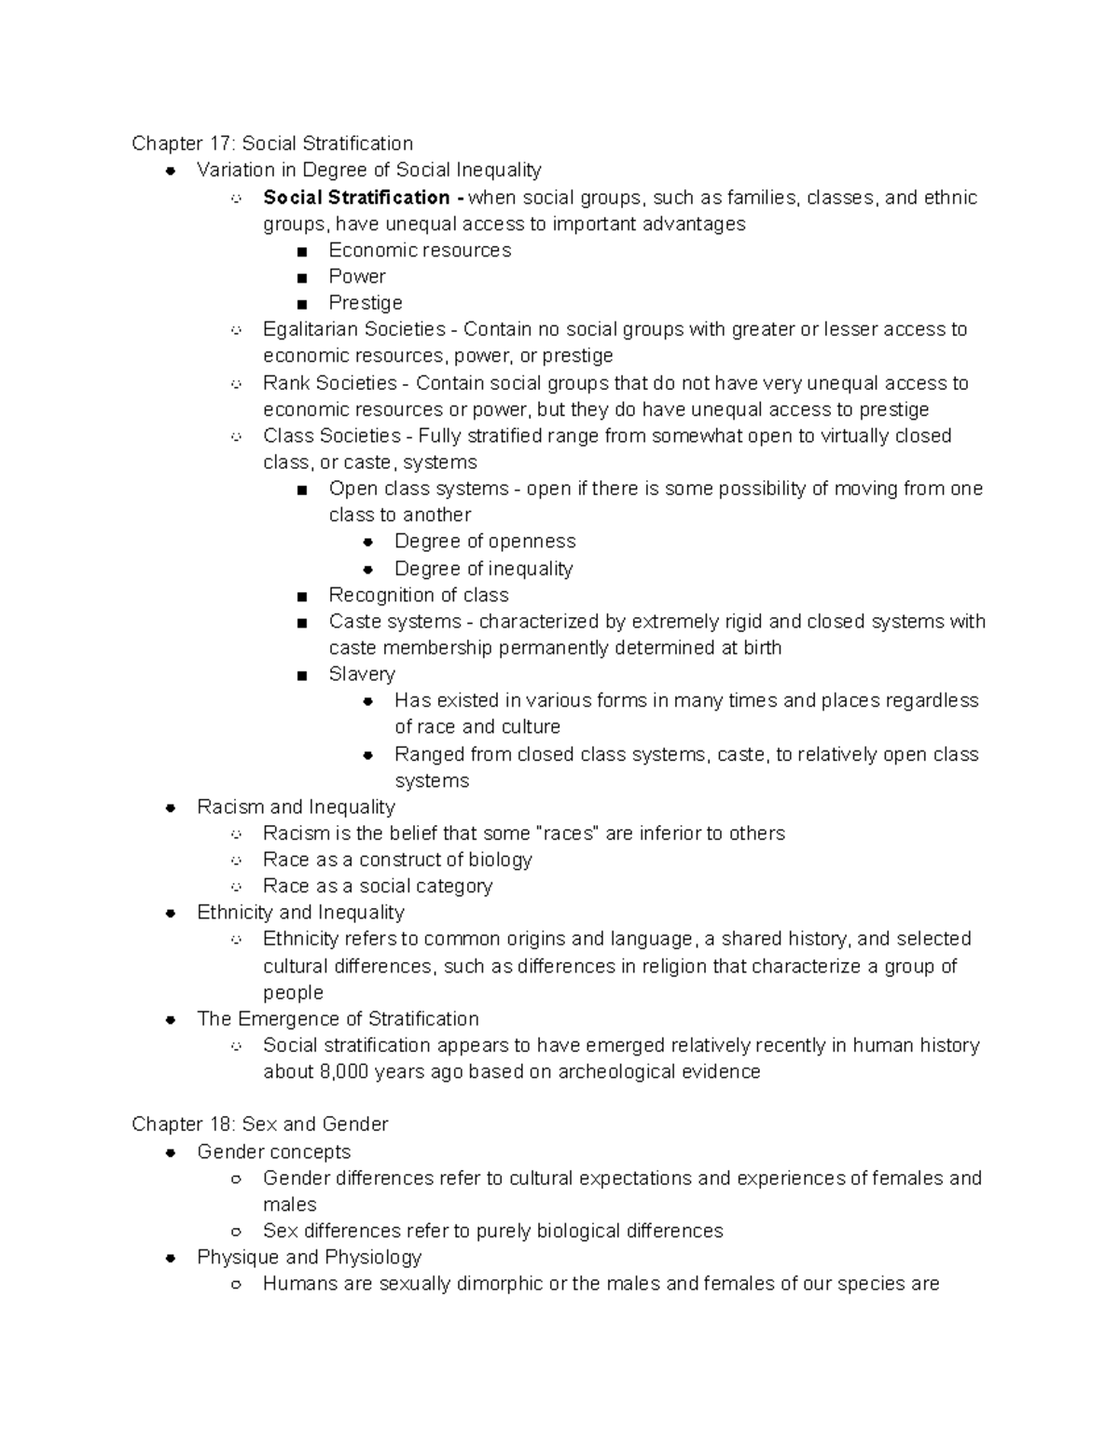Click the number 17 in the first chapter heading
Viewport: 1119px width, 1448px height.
coord(219,144)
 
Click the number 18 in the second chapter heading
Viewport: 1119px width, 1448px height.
coord(219,1124)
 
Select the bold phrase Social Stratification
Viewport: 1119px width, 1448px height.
coord(356,198)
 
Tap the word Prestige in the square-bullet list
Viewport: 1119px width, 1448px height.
coord(366,303)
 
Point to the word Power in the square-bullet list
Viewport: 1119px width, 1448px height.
coord(357,277)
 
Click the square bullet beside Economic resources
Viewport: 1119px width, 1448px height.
coord(301,252)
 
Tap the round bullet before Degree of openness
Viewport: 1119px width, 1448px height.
coord(368,542)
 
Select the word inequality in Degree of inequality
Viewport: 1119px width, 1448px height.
coord(530,569)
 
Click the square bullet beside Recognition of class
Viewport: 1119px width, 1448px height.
coord(301,596)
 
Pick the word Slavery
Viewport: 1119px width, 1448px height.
coord(362,674)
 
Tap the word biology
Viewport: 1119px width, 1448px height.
coord(499,860)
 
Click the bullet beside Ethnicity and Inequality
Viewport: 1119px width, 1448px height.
coord(171,914)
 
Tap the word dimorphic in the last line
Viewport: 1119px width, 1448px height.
coord(499,1284)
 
